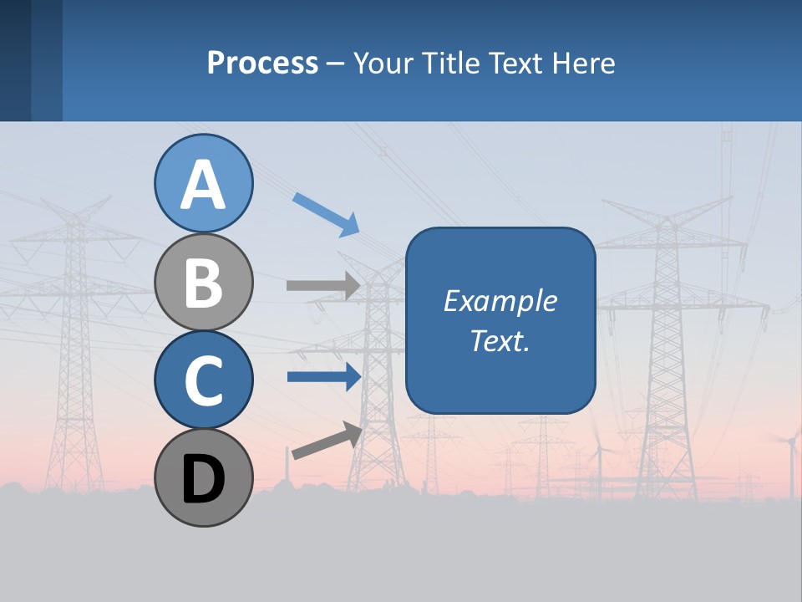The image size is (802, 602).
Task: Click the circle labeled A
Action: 203,183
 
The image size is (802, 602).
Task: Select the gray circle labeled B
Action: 203,283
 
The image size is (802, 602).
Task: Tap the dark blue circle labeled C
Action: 203,380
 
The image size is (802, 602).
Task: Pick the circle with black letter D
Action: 203,477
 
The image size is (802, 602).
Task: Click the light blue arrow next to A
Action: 326,214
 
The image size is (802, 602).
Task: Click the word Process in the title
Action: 262,63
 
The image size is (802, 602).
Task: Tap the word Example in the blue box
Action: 500,301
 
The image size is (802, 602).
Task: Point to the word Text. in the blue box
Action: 500,340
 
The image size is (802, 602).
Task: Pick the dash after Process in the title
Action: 336,64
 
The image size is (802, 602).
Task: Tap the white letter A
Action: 203,185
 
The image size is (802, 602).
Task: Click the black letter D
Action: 203,479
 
